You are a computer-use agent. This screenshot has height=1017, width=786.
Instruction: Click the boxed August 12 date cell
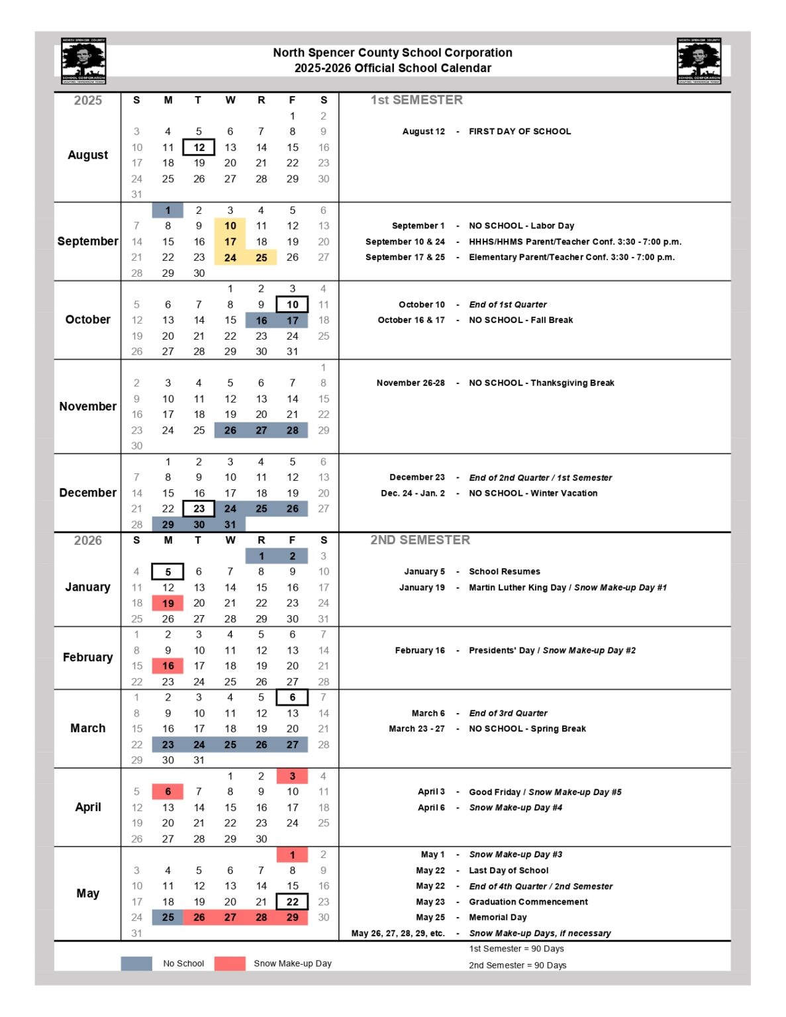[199, 147]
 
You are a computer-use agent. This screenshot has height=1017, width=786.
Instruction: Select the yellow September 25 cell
[262, 258]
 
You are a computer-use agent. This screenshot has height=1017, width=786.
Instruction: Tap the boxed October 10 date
[292, 305]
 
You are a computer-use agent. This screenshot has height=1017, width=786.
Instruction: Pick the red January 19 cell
[168, 603]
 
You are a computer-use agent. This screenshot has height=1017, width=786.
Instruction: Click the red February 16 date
[168, 666]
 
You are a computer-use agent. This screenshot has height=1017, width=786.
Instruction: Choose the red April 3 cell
[292, 776]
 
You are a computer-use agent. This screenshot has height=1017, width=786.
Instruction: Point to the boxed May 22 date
[292, 902]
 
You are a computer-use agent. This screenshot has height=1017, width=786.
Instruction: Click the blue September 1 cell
[168, 211]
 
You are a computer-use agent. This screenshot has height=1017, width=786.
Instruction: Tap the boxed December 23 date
[199, 508]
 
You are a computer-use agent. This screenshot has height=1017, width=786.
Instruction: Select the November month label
[87, 407]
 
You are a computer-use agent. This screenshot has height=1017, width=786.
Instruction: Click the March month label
[87, 728]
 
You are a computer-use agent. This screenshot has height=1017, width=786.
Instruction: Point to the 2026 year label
[87, 540]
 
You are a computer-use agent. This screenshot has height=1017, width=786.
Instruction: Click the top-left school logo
[83, 61]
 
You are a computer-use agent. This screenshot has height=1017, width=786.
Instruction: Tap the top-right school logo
[699, 61]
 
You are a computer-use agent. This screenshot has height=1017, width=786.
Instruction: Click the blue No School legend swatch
[136, 963]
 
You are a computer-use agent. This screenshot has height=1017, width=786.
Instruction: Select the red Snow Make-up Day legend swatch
[230, 963]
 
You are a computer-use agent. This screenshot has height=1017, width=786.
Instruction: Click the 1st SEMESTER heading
[417, 100]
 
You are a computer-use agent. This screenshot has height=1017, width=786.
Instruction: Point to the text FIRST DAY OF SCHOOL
[520, 132]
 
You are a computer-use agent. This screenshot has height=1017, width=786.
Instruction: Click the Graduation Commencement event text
[528, 902]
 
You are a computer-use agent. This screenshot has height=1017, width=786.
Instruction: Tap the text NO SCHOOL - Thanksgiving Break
[542, 383]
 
